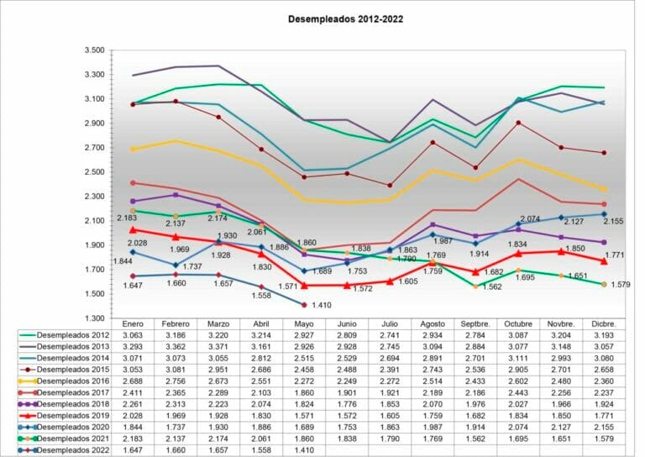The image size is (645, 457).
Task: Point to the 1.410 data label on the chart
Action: [321, 305]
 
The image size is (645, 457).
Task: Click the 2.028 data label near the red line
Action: [126, 244]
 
